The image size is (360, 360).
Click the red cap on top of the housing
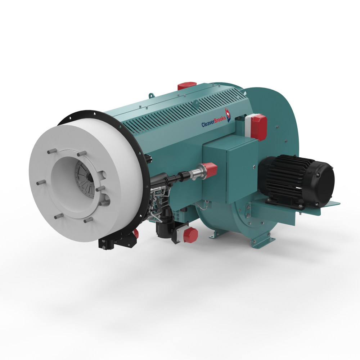click(187, 86)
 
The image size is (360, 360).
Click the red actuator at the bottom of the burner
click(190, 235)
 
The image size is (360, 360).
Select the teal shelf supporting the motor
click(306, 209)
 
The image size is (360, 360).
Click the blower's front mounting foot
click(215, 234)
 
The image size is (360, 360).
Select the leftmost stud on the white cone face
click(41, 183)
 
